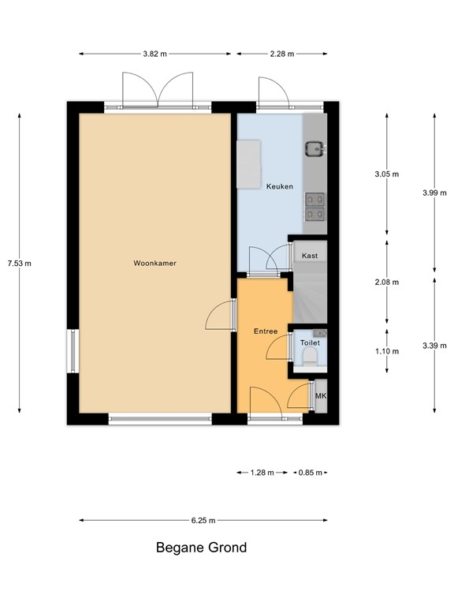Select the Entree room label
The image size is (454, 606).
[x=265, y=331]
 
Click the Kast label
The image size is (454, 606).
[x=310, y=256]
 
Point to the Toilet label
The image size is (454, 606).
[x=310, y=344]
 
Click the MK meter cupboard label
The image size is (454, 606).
[x=321, y=396]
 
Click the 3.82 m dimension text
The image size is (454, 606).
[x=155, y=54]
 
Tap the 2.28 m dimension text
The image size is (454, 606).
[x=281, y=54]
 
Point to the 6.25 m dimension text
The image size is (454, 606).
[x=203, y=521]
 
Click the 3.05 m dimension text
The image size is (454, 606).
[x=386, y=174]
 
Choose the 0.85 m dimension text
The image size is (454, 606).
[x=308, y=473]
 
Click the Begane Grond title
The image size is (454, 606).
[x=201, y=548]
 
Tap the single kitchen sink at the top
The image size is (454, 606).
[x=316, y=147]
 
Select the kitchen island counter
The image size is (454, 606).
[x=250, y=164]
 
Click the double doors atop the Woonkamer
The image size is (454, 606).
[x=158, y=88]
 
